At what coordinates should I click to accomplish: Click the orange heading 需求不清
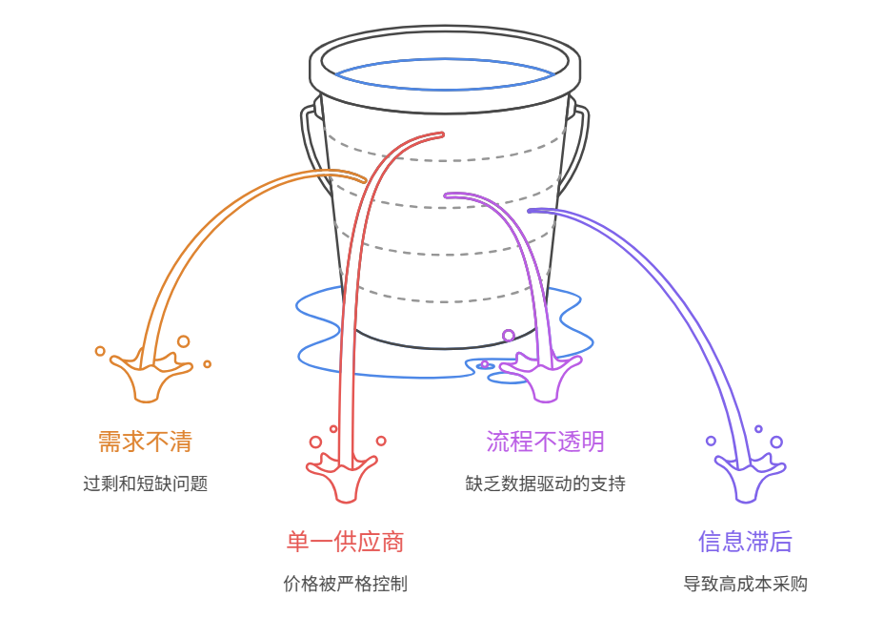tap(145, 442)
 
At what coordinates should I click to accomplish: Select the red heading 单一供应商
tap(345, 542)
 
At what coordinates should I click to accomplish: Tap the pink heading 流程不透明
tap(545, 442)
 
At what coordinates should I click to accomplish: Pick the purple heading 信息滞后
tap(745, 542)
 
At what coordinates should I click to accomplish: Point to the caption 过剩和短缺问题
tap(145, 484)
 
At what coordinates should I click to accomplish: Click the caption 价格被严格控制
tap(345, 584)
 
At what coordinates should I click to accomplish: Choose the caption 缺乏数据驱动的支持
tap(545, 484)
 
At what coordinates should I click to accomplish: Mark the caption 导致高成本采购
tap(745, 584)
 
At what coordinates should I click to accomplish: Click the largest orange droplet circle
tap(183, 341)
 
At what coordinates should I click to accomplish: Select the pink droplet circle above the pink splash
tap(509, 335)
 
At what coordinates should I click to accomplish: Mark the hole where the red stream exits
tap(440, 134)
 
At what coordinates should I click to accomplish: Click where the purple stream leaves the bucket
tap(532, 210)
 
